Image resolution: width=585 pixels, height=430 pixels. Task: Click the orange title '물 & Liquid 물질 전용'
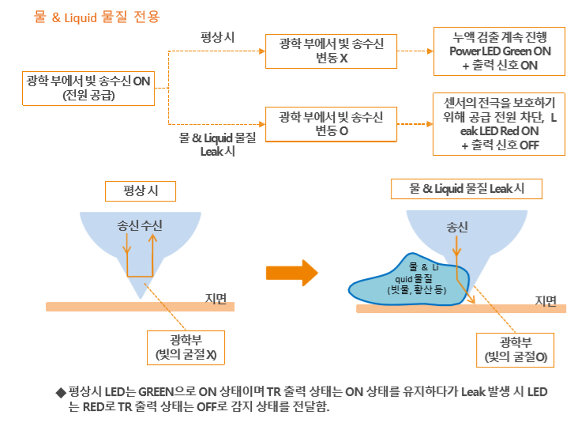click(x=96, y=16)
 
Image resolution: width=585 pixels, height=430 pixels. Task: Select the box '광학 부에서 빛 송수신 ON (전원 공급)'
click(x=88, y=88)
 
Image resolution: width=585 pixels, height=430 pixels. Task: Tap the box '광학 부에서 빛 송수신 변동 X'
click(x=332, y=51)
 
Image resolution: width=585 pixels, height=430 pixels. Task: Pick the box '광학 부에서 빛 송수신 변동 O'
click(x=332, y=125)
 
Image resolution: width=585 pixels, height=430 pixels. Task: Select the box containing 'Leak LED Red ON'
click(x=501, y=125)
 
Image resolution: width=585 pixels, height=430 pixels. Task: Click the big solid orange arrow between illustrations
click(x=291, y=273)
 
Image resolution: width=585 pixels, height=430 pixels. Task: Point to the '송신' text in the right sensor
click(x=457, y=227)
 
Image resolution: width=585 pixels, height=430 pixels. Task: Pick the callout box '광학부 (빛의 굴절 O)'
click(x=516, y=350)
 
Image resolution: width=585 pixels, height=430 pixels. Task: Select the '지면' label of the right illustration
click(x=546, y=300)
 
